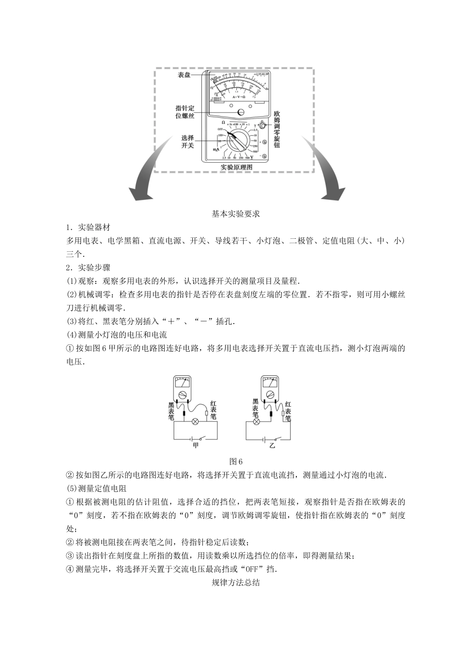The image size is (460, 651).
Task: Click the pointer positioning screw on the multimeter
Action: [x=240, y=112]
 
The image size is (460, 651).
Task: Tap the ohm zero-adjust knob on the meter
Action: [x=262, y=126]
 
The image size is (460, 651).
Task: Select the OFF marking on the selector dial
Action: [x=220, y=129]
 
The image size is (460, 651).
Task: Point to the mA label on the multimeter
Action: [x=217, y=151]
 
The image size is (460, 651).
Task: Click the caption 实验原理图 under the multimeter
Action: [x=236, y=167]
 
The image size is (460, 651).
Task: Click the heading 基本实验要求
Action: [x=236, y=214]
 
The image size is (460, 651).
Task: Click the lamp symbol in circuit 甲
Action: [x=196, y=421]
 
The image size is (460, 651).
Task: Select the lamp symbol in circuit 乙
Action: [x=257, y=421]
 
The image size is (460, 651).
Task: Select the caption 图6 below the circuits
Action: [x=236, y=461]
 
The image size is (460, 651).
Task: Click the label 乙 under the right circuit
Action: [x=272, y=445]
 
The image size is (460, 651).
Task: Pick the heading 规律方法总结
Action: [x=236, y=583]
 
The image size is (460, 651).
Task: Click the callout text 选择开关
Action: [x=187, y=141]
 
